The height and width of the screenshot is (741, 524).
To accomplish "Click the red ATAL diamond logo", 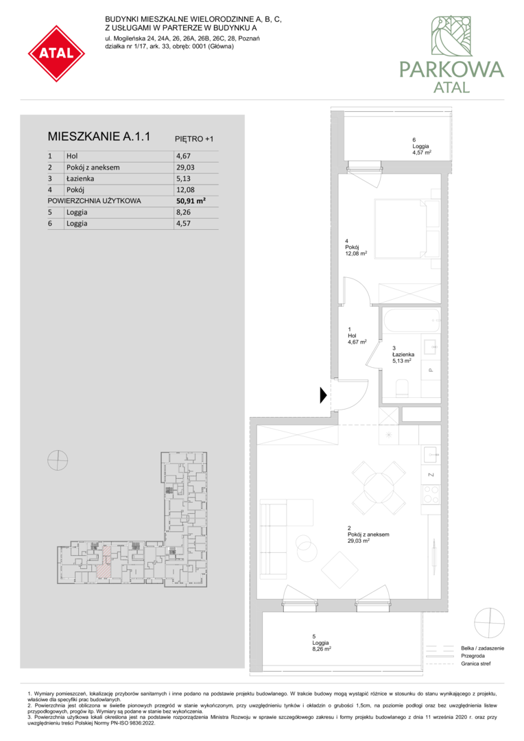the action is click(56, 54).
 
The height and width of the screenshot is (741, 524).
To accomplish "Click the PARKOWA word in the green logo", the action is click(452, 69).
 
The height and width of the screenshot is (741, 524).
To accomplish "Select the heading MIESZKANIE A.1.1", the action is click(99, 137).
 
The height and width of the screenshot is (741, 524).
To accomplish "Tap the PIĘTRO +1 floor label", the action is click(194, 139).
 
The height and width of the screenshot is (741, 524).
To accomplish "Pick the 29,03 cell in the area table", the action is click(185, 167).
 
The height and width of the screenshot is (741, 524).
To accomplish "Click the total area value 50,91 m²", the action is click(191, 201).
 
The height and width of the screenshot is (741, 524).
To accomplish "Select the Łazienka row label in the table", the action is click(80, 178).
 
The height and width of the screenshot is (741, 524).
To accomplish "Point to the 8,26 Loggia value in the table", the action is click(183, 212).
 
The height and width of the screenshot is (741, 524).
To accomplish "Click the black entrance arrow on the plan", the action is click(324, 395).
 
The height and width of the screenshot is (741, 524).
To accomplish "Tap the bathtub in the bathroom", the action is click(411, 320).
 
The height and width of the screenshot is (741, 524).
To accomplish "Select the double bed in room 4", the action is click(406, 228).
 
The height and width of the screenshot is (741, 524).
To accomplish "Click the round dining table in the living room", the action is click(379, 489).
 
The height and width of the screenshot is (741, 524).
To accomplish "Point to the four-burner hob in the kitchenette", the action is click(431, 494).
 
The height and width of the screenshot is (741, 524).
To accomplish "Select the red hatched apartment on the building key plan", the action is click(105, 563).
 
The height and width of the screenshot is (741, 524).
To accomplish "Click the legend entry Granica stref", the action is click(476, 663).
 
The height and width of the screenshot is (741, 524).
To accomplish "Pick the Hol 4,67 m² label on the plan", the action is click(357, 336).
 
